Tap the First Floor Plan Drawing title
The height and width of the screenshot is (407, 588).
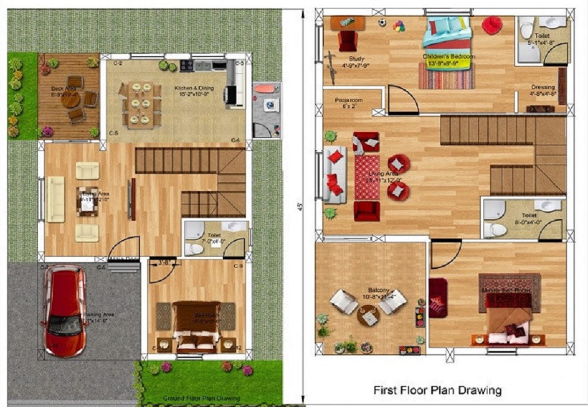(x=437, y=391)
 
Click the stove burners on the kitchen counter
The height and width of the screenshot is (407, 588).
(x=186, y=65)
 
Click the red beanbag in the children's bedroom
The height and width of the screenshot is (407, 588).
(x=492, y=25)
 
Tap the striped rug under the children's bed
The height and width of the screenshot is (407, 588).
(x=446, y=76)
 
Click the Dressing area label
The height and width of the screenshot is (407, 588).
(x=542, y=90)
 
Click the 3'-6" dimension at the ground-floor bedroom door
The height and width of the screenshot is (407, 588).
(x=165, y=264)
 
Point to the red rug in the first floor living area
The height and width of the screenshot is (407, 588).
(x=367, y=176)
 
